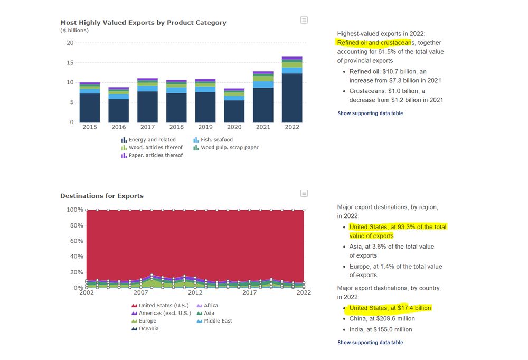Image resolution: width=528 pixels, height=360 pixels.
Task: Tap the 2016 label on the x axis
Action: point(119,127)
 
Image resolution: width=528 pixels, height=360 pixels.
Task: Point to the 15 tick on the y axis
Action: point(70,63)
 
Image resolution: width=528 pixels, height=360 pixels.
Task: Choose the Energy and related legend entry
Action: point(152,140)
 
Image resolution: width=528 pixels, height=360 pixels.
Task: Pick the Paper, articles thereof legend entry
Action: point(156,156)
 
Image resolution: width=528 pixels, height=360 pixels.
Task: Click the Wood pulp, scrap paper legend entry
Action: point(230,148)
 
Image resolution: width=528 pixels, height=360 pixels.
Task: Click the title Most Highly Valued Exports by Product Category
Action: point(143,23)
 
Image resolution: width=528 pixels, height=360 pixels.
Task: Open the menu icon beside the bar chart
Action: point(304,20)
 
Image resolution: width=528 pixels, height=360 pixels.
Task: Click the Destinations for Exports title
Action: point(102,196)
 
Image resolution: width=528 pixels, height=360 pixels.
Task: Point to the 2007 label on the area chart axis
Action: point(141,292)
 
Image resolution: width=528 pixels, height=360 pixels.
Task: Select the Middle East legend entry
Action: point(218,321)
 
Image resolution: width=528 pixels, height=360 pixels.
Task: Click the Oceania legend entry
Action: point(148,329)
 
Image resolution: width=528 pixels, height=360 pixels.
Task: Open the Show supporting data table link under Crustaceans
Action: point(370,113)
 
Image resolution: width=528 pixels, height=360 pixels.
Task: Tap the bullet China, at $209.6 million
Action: point(382,319)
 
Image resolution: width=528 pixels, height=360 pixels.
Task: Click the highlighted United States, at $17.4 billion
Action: point(390,308)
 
